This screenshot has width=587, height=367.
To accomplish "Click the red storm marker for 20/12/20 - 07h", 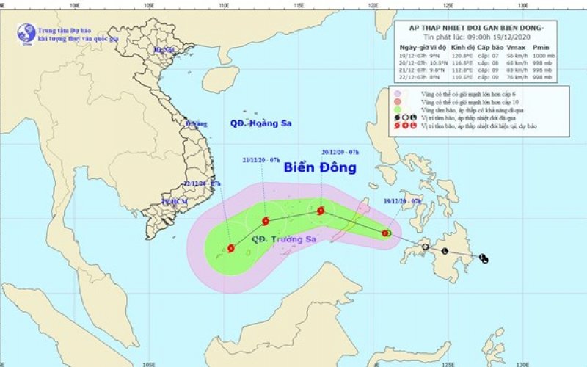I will (x=321, y=211).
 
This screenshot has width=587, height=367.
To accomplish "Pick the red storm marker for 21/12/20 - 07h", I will (x=265, y=221).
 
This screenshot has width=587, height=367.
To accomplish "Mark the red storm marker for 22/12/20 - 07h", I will (x=231, y=248).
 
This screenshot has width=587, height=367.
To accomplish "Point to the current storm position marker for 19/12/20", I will (x=387, y=233).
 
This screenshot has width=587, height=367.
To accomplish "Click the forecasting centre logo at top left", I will (x=26, y=33).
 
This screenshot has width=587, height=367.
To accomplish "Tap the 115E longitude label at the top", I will (x=299, y=6).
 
